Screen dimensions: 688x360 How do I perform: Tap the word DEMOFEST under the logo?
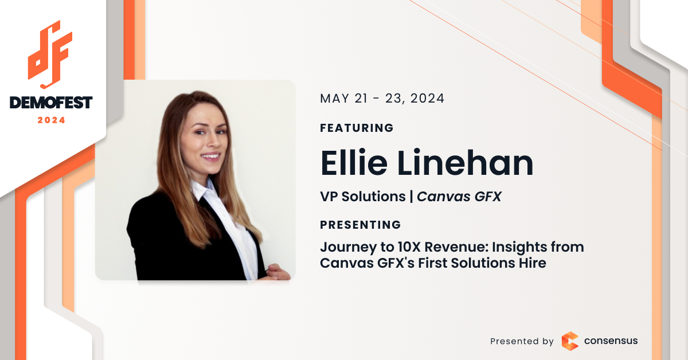pyautogui.click(x=51, y=103)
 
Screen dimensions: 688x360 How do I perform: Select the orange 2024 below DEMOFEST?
pyautogui.click(x=51, y=120)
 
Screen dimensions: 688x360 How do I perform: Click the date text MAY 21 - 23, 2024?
pyautogui.click(x=382, y=99)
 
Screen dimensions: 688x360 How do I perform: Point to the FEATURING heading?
pyautogui.click(x=357, y=128)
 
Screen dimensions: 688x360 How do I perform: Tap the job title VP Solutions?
pyautogui.click(x=363, y=196)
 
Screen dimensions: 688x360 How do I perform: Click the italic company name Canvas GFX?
pyautogui.click(x=459, y=196)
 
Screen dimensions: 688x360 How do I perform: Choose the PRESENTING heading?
pyautogui.click(x=360, y=225)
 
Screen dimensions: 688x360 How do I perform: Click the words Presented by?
pyautogui.click(x=522, y=341)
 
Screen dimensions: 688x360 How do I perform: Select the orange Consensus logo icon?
pyautogui.click(x=570, y=341)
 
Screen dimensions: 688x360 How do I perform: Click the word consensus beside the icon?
pyautogui.click(x=611, y=341)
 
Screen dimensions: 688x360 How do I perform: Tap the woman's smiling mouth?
pyautogui.click(x=211, y=156)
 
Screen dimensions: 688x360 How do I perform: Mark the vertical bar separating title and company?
pyautogui.click(x=411, y=197)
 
